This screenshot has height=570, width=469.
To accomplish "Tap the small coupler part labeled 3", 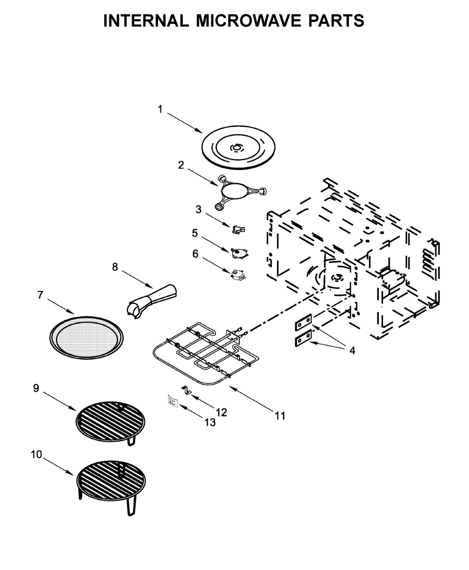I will tap(238, 229).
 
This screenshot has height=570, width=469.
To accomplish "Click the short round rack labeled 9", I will tap(110, 419).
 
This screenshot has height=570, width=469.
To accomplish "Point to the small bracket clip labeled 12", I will tap(187, 390).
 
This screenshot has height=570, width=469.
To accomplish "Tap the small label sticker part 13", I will tap(171, 401).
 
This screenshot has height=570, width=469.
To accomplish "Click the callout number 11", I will tap(280, 416).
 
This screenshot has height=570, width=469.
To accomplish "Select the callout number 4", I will tap(352, 351).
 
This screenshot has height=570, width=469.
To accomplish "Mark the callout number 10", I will tap(36, 455).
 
